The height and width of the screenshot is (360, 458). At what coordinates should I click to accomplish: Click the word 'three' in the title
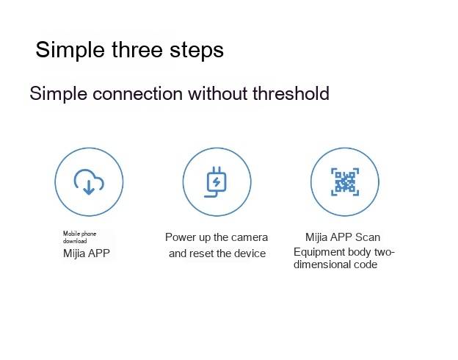(x=137, y=49)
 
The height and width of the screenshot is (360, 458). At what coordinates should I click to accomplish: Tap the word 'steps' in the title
(x=197, y=51)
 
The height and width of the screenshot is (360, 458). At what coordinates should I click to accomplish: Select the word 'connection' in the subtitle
(x=137, y=93)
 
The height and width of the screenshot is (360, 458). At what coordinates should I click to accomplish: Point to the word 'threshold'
(x=291, y=93)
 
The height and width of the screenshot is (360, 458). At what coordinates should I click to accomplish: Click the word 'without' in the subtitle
(x=218, y=93)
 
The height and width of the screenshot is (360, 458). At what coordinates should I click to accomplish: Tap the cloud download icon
(x=89, y=182)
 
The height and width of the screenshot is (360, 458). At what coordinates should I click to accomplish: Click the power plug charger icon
(x=215, y=182)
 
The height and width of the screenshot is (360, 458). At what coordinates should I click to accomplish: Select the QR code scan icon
(x=345, y=181)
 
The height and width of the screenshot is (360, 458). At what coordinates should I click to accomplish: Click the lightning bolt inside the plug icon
(x=217, y=182)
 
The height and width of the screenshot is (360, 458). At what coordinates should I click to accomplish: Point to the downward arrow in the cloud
(x=89, y=187)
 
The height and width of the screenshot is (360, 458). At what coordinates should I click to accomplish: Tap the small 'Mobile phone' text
(x=79, y=234)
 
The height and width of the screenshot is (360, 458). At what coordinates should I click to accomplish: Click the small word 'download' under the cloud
(x=75, y=241)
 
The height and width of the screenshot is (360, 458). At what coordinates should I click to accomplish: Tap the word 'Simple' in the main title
(x=70, y=51)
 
